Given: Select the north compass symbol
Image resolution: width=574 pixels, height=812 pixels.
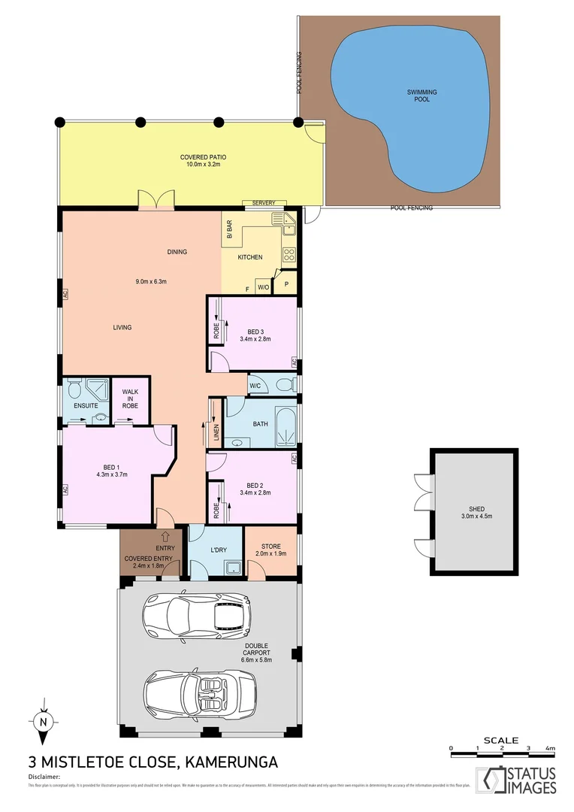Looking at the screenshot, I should (44, 723).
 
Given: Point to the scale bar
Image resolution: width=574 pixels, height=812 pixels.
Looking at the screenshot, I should (500, 749).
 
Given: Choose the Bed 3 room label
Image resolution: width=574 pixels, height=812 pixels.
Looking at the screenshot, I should (255, 332).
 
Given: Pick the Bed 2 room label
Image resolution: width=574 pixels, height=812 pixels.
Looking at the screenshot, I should (255, 485).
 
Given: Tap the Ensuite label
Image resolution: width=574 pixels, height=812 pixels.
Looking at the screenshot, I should (85, 405).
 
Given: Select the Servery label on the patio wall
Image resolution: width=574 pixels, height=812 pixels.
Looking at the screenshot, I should (264, 203).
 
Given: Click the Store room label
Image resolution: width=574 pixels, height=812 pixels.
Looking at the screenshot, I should (270, 547).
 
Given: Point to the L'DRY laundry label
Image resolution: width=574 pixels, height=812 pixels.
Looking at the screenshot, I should (218, 550).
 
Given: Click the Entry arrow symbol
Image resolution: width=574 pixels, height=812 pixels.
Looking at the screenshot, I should (165, 536).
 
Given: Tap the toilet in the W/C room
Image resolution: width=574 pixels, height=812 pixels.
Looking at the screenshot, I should (284, 385).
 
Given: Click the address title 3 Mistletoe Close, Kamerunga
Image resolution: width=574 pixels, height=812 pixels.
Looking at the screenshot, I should (153, 762).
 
